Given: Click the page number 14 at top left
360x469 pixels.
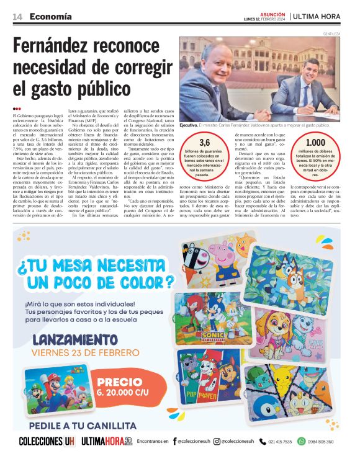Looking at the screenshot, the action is coord(17,16).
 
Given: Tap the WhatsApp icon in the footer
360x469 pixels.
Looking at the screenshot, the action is coord(301,442).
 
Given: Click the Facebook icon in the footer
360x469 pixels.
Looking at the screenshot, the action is coord(174,442).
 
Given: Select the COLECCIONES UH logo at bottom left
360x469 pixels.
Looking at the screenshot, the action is coord(47,442).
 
